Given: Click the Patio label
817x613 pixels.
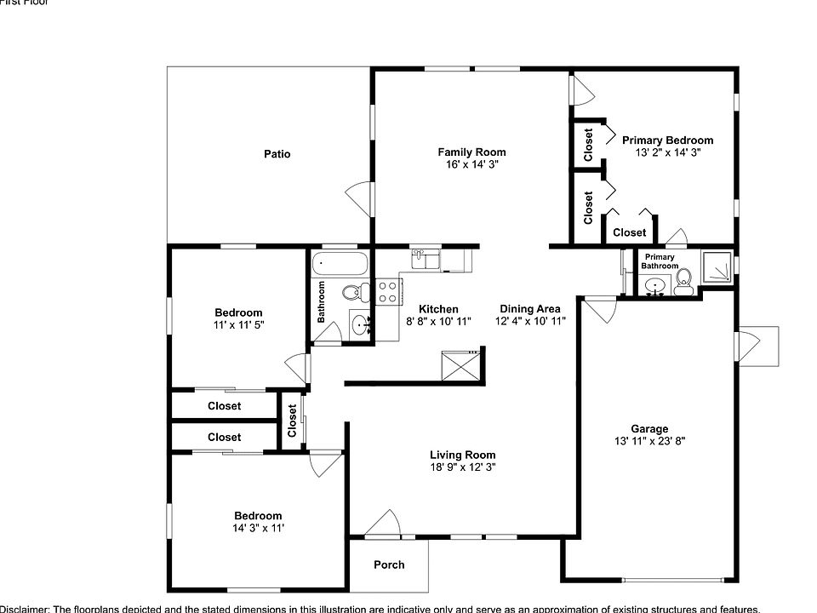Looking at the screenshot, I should click(277, 154).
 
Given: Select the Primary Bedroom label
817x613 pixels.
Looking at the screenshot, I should click(667, 140).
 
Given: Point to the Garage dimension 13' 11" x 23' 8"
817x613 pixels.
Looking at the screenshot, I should click(648, 441).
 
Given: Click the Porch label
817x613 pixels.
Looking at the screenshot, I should click(390, 564).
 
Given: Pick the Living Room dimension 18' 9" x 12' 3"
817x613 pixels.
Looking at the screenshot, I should click(462, 467).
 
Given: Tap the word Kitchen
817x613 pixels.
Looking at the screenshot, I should click(438, 309).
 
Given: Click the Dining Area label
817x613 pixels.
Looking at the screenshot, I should click(529, 309).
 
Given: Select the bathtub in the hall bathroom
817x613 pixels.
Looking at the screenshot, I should click(340, 264).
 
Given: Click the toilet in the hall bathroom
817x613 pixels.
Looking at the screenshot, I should click(352, 293).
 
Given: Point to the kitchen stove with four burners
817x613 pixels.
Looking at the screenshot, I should click(388, 292).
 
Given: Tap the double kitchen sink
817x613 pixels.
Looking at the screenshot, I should click(426, 259).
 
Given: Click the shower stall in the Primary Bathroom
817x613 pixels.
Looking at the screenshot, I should click(717, 267).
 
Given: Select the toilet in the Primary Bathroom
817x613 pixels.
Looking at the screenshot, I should click(683, 282).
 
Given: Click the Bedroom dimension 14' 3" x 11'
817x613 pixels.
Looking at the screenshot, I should click(258, 528).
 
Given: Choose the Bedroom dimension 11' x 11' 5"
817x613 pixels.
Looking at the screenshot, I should click(238, 324).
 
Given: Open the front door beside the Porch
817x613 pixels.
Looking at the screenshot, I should click(383, 524).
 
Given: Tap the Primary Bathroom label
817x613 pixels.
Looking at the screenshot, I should click(660, 261).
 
